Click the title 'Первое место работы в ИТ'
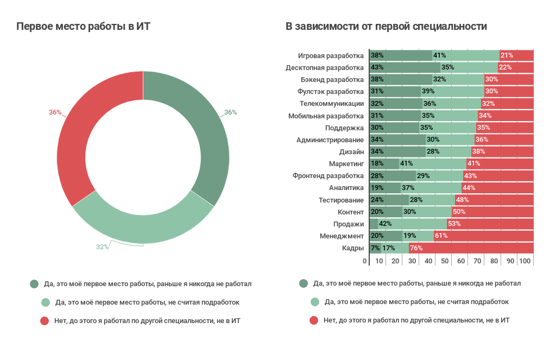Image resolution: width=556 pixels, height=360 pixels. (83, 27)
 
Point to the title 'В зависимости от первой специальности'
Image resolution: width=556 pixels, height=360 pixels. (386, 27)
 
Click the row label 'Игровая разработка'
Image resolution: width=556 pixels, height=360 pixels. (331, 55)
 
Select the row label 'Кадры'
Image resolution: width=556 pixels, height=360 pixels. (353, 248)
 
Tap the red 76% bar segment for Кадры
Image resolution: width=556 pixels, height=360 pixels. (471, 248)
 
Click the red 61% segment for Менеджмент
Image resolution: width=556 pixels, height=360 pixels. (483, 236)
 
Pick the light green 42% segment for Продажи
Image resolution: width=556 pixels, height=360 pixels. (413, 224)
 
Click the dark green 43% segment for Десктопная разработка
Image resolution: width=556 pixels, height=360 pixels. (405, 67)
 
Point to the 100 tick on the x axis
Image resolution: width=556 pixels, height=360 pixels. (525, 261)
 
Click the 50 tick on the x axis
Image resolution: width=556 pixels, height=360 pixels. (445, 261)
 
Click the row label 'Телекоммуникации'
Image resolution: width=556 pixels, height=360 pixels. (332, 104)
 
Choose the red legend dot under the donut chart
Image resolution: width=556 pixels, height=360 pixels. (45, 321)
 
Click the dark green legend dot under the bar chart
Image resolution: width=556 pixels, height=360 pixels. (303, 283)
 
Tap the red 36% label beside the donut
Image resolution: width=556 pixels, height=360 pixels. (55, 112)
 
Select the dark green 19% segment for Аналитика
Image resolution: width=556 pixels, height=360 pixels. (384, 188)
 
